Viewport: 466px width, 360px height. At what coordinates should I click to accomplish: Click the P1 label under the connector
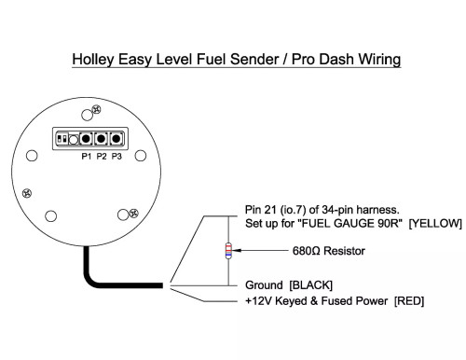[x=85, y=157]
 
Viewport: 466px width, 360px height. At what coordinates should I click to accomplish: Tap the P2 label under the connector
[x=101, y=157]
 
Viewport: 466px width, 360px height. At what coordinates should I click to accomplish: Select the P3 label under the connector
[x=116, y=157]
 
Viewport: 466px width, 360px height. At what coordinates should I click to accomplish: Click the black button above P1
[x=86, y=139]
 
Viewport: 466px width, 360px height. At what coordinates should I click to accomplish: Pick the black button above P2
[x=101, y=139]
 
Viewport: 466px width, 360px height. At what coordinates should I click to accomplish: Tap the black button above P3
[x=116, y=139]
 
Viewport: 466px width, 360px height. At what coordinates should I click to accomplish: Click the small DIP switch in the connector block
[x=62, y=138]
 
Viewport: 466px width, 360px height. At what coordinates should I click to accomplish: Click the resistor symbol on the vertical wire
[x=229, y=251]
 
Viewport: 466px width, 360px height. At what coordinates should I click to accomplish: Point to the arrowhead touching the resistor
[x=238, y=251]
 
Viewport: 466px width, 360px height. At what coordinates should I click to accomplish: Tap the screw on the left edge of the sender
[x=28, y=192]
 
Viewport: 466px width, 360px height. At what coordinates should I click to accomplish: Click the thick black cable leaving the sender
[x=103, y=277]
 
